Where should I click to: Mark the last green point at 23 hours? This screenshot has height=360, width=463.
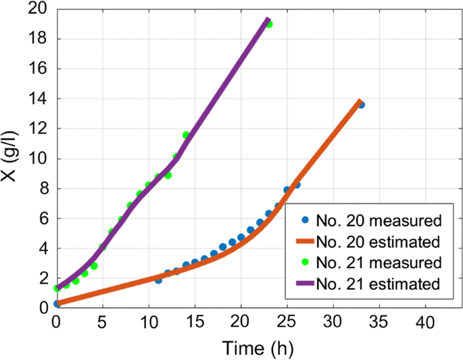269,24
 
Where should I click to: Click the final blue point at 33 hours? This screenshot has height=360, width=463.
361,105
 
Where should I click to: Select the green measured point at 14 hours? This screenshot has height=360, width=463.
186,135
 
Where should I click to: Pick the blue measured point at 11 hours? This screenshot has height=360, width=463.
158,280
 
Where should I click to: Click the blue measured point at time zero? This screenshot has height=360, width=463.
57,304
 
